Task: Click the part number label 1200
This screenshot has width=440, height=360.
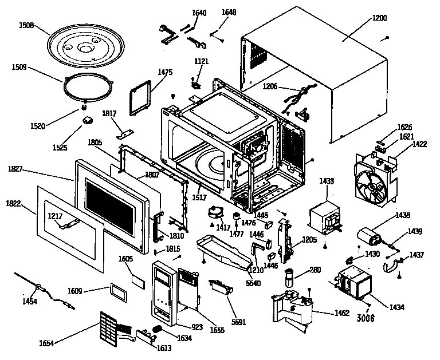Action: pyautogui.click(x=379, y=18)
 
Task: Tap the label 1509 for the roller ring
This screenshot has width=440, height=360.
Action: pyautogui.click(x=19, y=66)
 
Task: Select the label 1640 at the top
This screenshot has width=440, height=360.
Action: pyautogui.click(x=199, y=12)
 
